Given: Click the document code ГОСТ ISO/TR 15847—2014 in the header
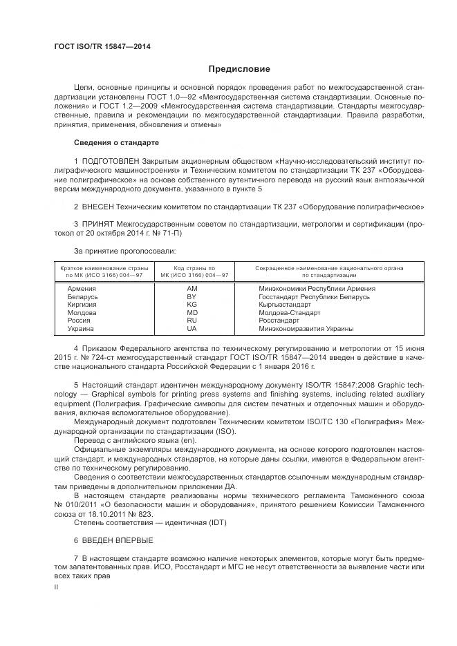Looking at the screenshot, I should point(102,47).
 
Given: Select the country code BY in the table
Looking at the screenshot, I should point(192,296).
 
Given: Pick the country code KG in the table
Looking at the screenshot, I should point(192,305).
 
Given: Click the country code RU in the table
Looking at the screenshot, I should point(192,321).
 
